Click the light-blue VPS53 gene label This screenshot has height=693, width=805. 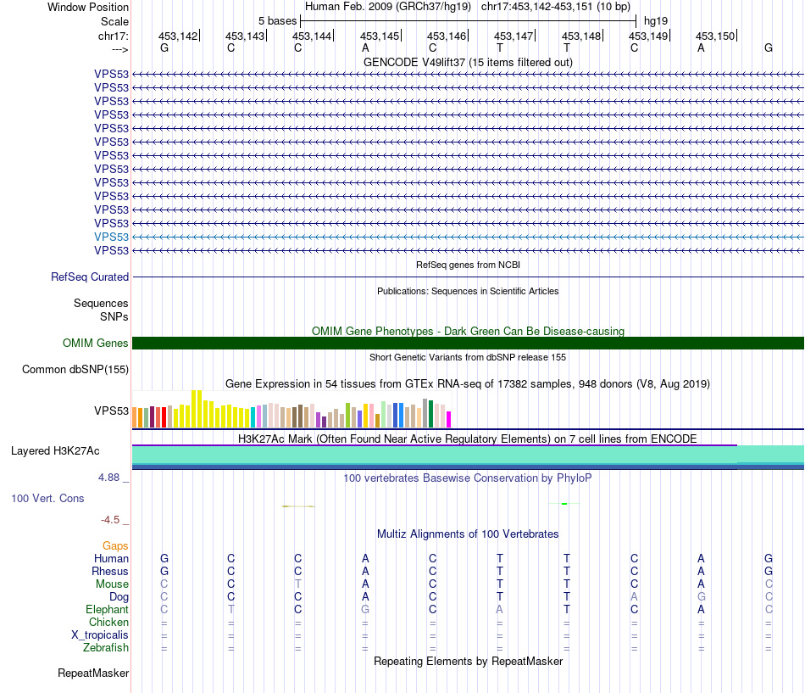coord(112,237)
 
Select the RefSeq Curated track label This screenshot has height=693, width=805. coord(90,277)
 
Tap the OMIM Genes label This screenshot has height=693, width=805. coord(96,344)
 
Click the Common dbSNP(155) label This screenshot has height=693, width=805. coord(75,369)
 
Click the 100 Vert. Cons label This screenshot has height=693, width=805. coord(47,498)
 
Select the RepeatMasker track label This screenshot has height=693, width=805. coord(93,673)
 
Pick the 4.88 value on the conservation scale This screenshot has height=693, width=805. coord(109,478)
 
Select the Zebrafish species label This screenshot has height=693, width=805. coord(108,648)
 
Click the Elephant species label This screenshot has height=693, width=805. coord(107,609)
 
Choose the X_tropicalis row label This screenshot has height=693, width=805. coord(100,635)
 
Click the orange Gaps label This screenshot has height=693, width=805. coord(115,545)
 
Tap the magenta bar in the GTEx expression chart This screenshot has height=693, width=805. coord(449,419)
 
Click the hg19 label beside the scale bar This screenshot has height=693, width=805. coord(655,20)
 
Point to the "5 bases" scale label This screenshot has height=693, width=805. coord(276,20)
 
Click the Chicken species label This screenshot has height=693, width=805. coord(109,623)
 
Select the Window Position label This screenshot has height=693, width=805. coord(88,7)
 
